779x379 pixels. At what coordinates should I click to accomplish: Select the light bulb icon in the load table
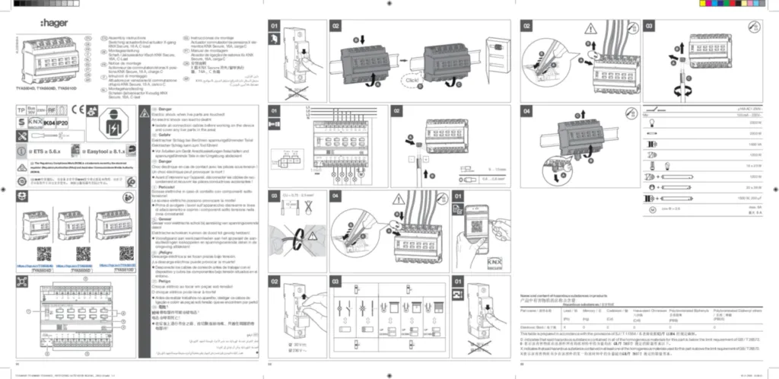[650, 122]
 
